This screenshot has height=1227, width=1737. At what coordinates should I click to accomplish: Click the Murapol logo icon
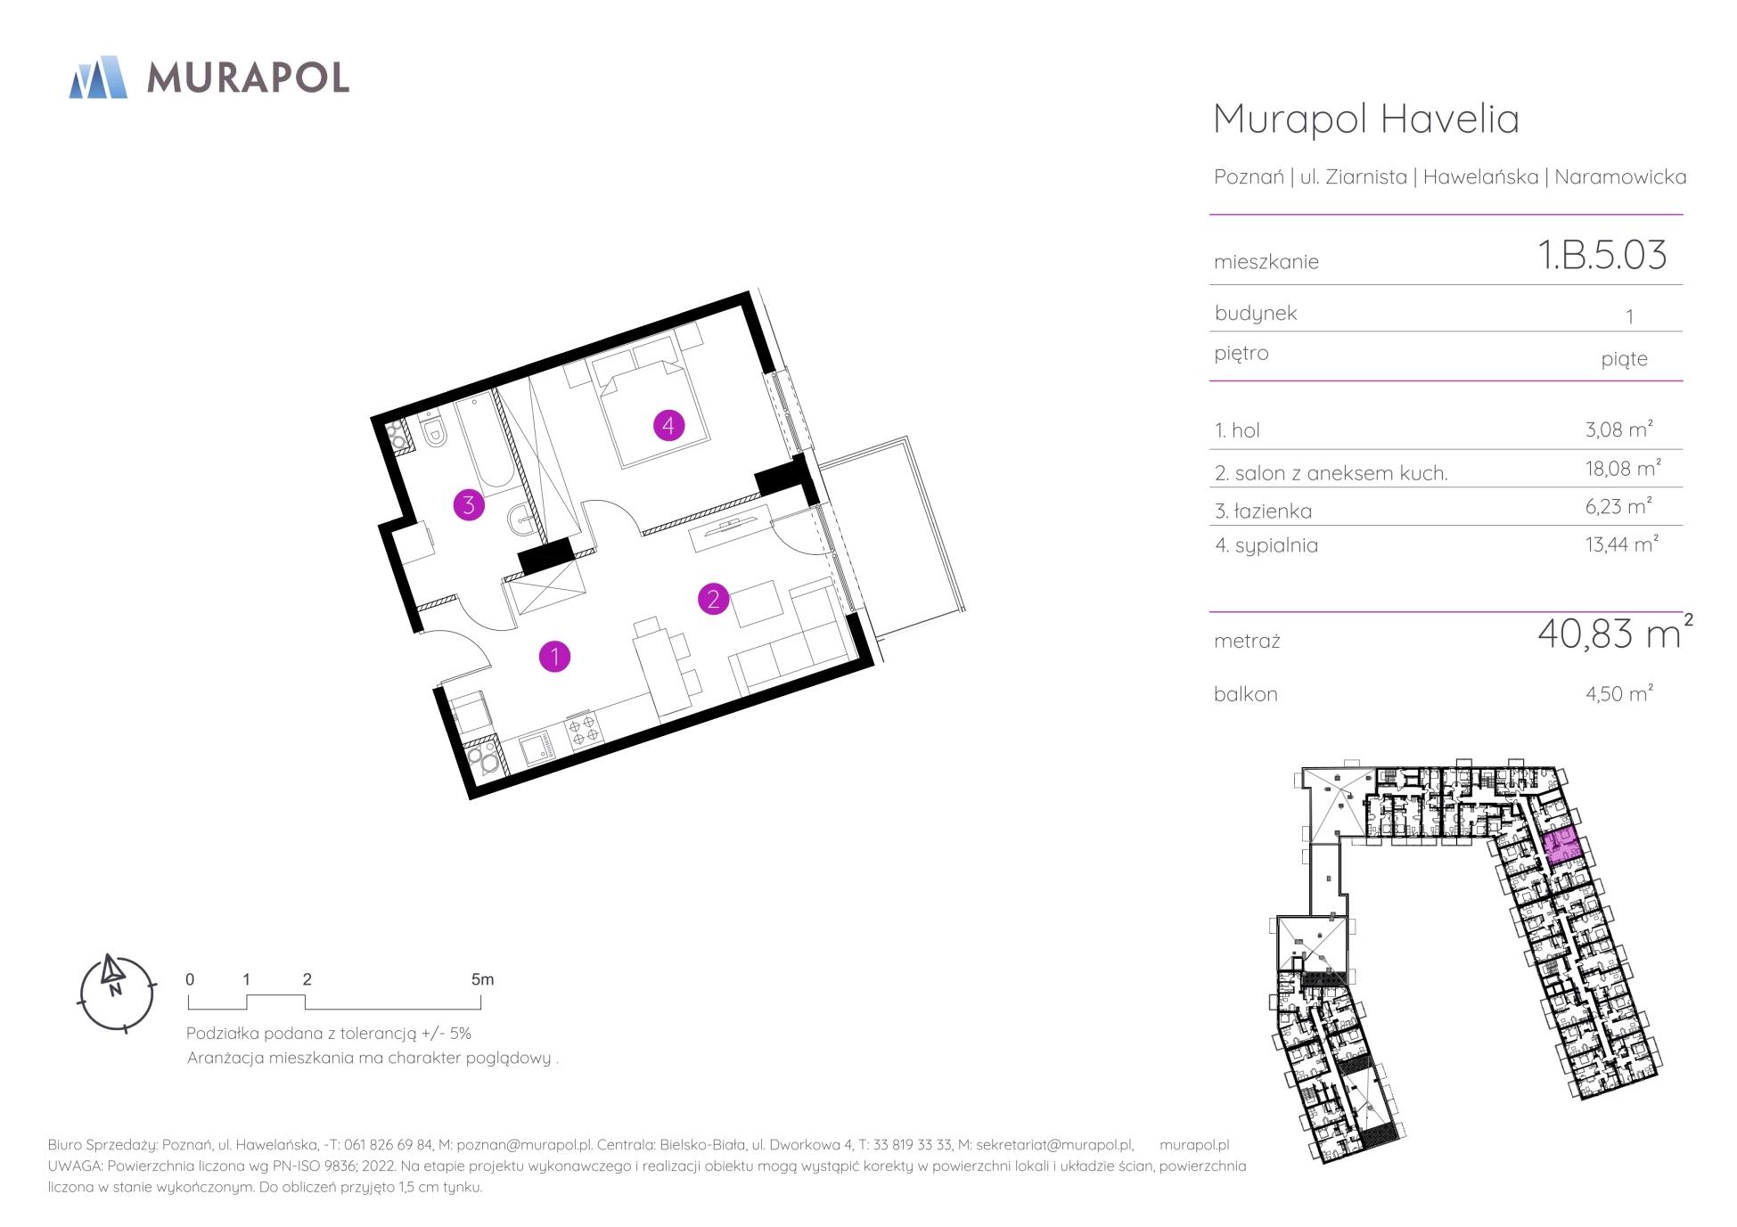point(98,77)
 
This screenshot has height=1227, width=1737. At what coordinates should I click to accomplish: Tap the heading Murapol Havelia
point(1366,119)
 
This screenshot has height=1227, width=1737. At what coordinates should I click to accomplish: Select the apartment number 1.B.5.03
point(1602,255)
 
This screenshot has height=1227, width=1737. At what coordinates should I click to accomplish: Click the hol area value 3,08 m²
point(1619,429)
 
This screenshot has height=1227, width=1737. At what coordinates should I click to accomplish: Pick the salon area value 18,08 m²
point(1623,468)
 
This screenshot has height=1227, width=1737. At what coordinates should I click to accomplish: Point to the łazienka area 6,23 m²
point(1618,506)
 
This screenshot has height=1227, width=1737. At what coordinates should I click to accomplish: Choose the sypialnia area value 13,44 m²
point(1622,544)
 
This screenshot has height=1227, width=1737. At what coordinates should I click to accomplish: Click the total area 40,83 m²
point(1615,633)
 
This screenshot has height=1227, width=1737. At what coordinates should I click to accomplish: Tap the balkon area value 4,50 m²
point(1619,693)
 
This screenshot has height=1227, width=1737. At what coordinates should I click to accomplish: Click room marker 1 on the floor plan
point(554,658)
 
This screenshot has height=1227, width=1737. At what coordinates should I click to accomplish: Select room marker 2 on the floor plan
point(713,599)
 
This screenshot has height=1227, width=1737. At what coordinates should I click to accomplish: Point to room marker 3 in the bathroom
point(469,505)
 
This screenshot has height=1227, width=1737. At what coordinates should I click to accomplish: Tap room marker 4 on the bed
point(668,425)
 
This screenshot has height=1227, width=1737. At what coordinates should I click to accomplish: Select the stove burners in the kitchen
point(584,731)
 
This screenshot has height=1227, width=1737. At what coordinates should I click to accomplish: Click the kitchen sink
point(538,748)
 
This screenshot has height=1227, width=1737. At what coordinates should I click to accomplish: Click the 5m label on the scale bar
point(482,979)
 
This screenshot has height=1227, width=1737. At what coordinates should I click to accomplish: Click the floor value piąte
point(1624,359)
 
